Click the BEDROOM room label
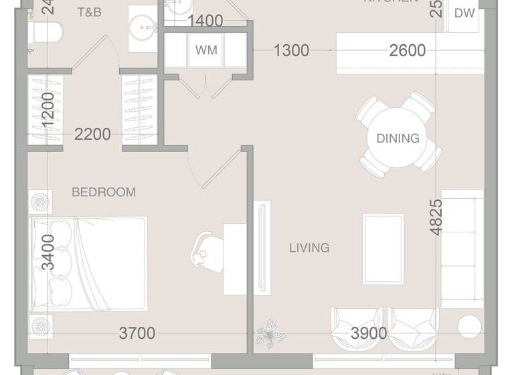tap(104, 192)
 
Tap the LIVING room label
tap(309, 248)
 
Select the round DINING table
tap(398, 139)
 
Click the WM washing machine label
tap(206, 50)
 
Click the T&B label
tap(89, 12)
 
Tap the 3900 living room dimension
tap(369, 333)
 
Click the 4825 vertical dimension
tap(436, 216)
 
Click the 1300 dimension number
tap(291, 50)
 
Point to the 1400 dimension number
tap(205, 21)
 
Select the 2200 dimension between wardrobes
tap(92, 134)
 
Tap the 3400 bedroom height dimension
tap(48, 252)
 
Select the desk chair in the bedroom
tap(207, 248)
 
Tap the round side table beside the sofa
tap(469, 326)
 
